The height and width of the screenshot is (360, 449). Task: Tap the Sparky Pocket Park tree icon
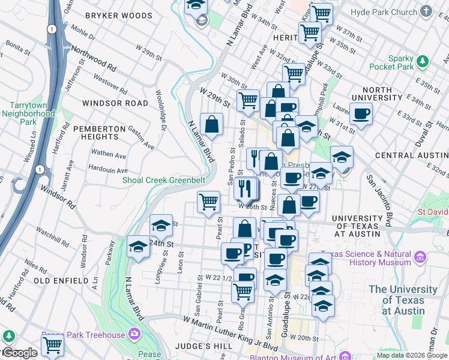click(x=422, y=61)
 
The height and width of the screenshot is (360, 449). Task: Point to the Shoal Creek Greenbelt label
click(x=164, y=179)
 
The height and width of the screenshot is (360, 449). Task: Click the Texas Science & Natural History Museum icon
click(x=420, y=258)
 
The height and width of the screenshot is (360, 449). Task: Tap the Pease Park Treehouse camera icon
click(x=134, y=334)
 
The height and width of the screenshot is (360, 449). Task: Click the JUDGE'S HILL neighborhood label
click(x=191, y=346)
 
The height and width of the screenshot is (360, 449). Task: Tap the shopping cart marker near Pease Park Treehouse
click(x=52, y=346)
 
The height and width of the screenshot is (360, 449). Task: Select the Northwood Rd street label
click(x=93, y=56)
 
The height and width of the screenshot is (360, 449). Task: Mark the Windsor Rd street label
click(x=58, y=196)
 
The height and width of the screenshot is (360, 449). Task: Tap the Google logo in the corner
click(x=19, y=353)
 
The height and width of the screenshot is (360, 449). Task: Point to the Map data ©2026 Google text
click(x=412, y=355)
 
